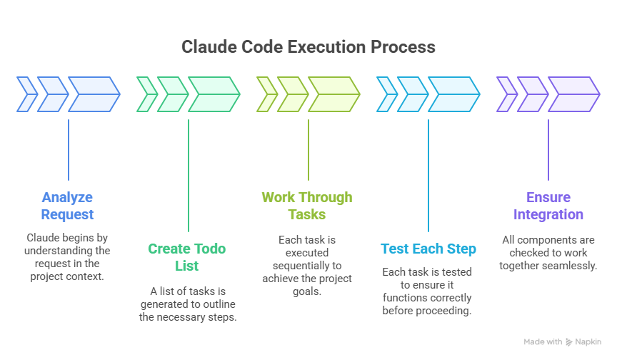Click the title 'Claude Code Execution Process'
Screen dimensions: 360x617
coord(308,47)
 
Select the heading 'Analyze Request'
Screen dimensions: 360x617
coord(68,206)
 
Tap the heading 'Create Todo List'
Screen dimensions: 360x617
coord(186,257)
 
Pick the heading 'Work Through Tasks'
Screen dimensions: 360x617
coord(307,206)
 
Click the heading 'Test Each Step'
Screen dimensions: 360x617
coord(428,249)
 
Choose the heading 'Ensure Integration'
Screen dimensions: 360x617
coord(548,206)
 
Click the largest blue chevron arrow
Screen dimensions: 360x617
coord(94,96)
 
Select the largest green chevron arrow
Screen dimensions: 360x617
coord(214,96)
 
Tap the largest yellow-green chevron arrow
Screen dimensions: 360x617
coord(333,96)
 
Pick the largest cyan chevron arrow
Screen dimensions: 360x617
coord(453,96)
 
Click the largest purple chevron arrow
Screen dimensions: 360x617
coord(573,96)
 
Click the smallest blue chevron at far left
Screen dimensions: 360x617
coord(26,96)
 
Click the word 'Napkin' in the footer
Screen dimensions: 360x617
coord(590,342)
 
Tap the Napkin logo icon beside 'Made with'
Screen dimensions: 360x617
coord(569,342)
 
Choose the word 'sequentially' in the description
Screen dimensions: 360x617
coord(304,266)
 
